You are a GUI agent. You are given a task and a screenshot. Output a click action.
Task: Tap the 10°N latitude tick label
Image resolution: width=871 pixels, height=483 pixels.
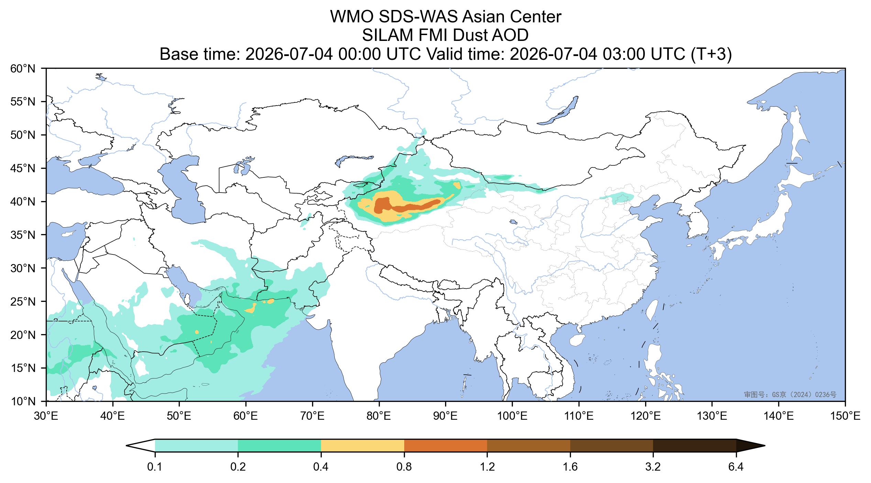click(23, 401)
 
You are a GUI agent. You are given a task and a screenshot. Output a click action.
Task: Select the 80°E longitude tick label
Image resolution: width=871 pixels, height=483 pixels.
click(379, 417)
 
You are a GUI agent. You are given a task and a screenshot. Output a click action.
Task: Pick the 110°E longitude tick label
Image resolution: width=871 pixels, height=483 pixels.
click(578, 417)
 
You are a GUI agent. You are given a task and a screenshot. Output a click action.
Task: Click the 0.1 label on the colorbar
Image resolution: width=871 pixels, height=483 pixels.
click(155, 467)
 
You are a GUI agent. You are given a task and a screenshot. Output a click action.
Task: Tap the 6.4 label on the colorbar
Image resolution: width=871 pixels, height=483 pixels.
click(736, 467)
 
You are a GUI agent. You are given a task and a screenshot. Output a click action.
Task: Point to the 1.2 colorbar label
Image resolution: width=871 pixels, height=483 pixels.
click(487, 467)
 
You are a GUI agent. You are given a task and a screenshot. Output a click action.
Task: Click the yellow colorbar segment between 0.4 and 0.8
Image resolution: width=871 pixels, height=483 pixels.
click(363, 446)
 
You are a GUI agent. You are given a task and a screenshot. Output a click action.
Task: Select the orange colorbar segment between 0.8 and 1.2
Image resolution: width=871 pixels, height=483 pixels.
click(445, 446)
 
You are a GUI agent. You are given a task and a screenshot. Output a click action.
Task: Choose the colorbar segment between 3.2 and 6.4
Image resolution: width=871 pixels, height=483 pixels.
click(695, 446)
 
